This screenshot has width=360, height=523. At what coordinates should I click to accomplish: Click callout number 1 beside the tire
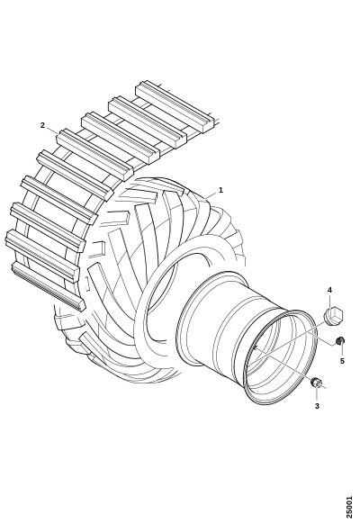(220, 190)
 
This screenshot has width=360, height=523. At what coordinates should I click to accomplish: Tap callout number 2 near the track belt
(42, 125)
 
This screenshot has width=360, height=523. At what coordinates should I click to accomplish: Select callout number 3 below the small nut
(317, 406)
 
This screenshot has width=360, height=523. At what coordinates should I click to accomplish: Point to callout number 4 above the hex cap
(329, 290)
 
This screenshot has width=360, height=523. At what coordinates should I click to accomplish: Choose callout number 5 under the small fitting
(342, 361)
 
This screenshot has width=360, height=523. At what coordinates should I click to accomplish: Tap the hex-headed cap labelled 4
(334, 316)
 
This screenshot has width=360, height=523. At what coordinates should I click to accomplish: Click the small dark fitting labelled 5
(340, 341)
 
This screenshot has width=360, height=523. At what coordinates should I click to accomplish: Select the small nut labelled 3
(315, 383)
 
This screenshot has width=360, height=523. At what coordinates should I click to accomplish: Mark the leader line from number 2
(52, 131)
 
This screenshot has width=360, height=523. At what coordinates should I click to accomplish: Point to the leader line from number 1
(211, 194)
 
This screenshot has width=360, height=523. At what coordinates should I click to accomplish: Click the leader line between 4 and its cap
(329, 301)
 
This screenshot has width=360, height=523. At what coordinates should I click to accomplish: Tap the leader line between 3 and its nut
(317, 394)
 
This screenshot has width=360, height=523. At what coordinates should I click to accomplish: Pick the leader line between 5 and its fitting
(342, 351)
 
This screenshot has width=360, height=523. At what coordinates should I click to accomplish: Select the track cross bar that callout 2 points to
(94, 155)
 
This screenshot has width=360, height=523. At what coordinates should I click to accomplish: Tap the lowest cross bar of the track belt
(49, 286)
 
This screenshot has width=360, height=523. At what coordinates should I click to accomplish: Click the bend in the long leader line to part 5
(332, 346)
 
